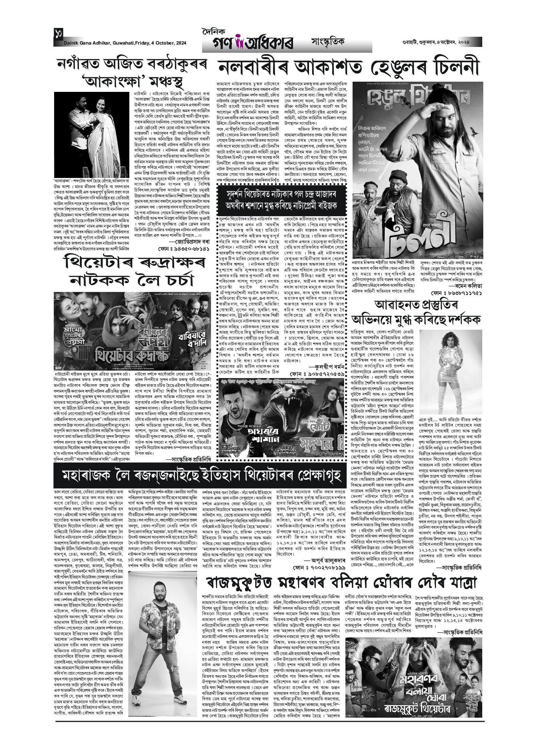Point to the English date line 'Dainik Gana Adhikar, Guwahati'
point(119,43)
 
